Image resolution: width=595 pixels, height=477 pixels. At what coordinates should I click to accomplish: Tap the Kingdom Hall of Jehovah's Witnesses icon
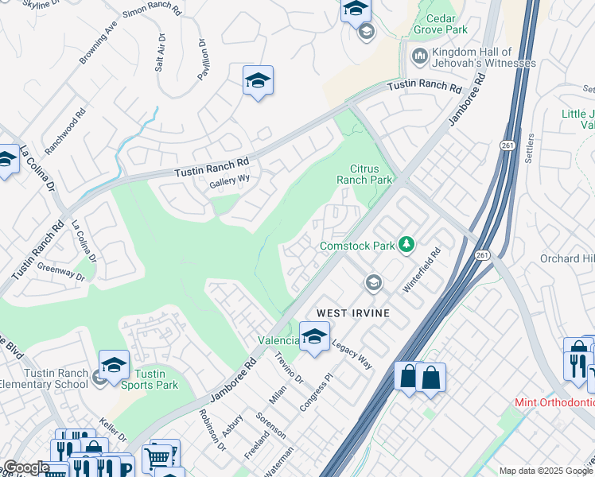pyautogui.click(x=419, y=56)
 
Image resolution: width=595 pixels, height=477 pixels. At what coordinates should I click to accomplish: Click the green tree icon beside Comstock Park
pyautogui.click(x=406, y=243)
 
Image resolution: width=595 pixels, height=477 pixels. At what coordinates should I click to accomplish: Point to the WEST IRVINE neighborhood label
pyautogui.click(x=354, y=313)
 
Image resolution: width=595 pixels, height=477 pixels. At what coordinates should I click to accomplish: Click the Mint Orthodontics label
pyautogui.click(x=554, y=403)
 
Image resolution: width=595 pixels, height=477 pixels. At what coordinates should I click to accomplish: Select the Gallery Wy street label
pyautogui.click(x=229, y=180)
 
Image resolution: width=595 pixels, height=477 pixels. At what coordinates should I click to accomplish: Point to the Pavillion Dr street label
pyautogui.click(x=203, y=60)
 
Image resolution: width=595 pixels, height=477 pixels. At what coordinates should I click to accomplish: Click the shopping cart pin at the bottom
pyautogui.click(x=158, y=456)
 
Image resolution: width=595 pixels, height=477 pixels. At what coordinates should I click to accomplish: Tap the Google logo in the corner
pyautogui.click(x=25, y=468)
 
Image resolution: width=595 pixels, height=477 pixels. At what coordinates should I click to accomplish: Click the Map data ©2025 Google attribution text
pyautogui.click(x=546, y=471)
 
